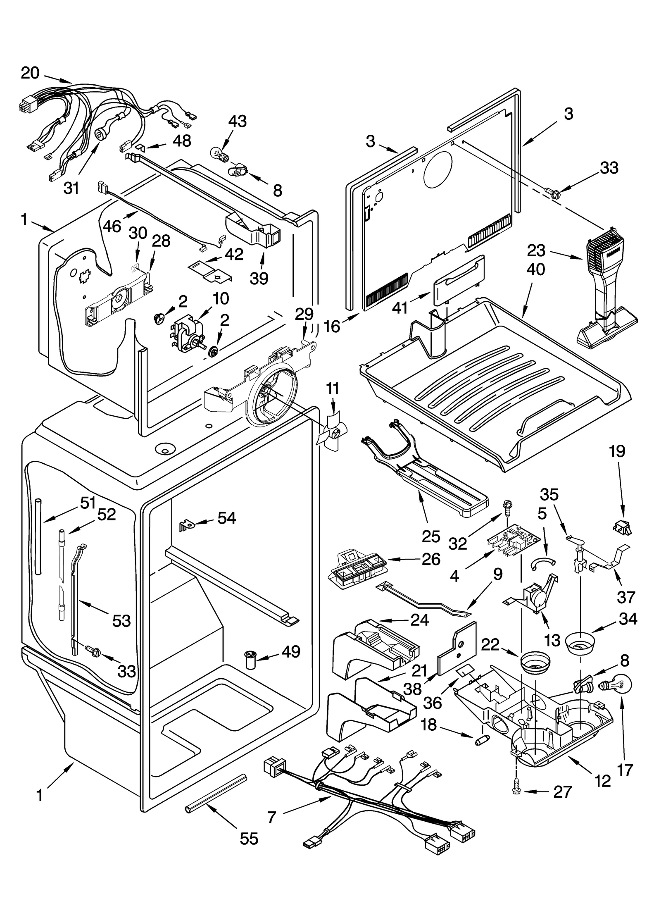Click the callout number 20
pyautogui.click(x=30, y=73)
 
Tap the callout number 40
pyautogui.click(x=536, y=269)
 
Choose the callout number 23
pyautogui.click(x=536, y=251)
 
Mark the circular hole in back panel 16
pyautogui.click(x=437, y=169)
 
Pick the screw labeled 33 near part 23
pyautogui.click(x=552, y=192)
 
